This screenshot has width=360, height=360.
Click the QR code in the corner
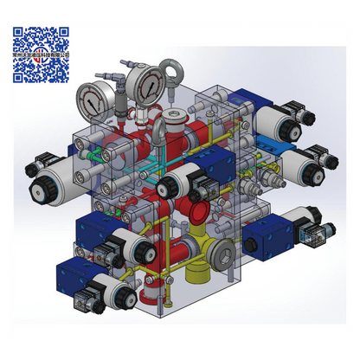(x=41, y=54)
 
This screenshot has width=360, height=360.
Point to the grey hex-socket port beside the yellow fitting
(x=224, y=257)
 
